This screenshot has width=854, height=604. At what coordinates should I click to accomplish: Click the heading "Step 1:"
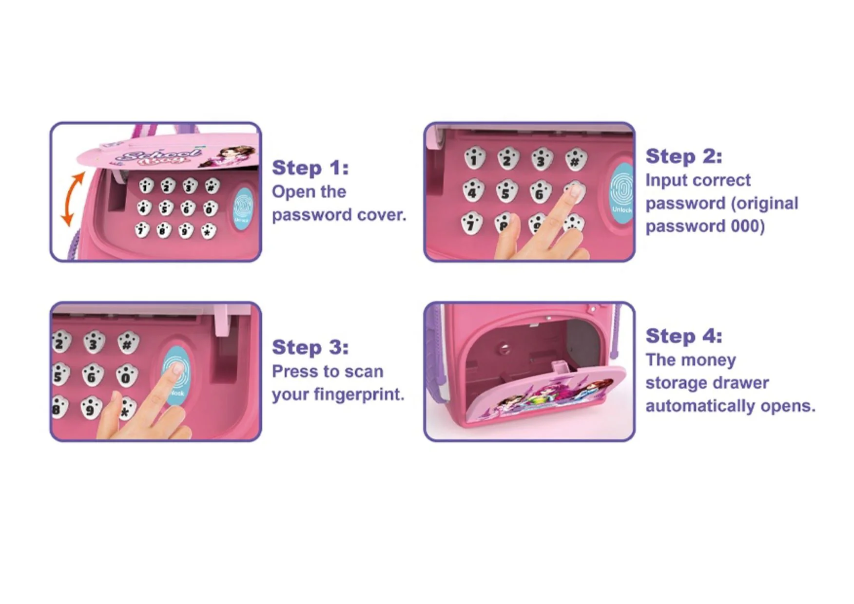point(311,168)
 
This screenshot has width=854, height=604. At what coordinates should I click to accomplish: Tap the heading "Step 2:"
point(684,156)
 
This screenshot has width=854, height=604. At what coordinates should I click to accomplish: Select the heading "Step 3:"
point(311,347)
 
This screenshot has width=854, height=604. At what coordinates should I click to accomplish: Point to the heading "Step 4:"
point(684,336)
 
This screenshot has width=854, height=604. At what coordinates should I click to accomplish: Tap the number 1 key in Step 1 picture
point(146,186)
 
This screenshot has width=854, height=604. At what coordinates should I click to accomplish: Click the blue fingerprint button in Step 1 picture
point(242,208)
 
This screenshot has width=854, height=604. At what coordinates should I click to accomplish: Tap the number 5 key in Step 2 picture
point(506,191)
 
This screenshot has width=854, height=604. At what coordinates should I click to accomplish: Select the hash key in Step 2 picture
point(576,159)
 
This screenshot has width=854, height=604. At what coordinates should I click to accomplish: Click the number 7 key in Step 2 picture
point(471,224)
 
